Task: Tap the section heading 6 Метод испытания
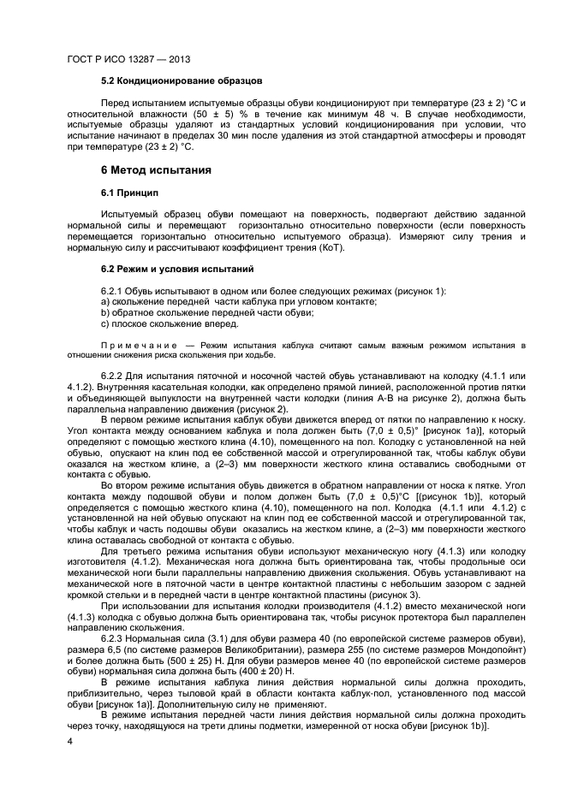[x=156, y=170]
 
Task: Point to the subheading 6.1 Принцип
[x=129, y=193]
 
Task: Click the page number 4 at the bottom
[x=69, y=741]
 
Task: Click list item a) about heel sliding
[x=239, y=303]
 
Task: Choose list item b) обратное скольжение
[x=207, y=313]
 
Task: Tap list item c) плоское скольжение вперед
[x=170, y=324]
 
